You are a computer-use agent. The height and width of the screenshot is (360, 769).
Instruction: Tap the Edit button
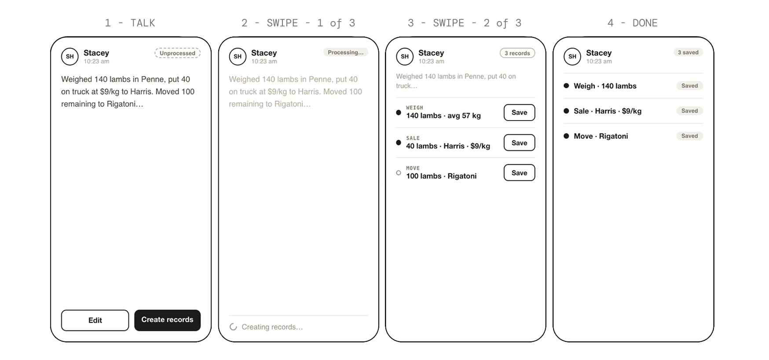coord(95,320)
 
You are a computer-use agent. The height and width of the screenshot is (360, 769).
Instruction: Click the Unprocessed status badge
coord(177,53)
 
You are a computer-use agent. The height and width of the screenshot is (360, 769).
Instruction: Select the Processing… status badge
coord(345,52)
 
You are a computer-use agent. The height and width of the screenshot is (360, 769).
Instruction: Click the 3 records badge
coord(517,53)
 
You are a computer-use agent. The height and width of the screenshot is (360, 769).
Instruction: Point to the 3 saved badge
coord(688,52)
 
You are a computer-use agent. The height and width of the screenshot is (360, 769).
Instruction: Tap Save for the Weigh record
coord(519,113)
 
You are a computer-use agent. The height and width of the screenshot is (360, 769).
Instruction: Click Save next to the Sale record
coord(519,143)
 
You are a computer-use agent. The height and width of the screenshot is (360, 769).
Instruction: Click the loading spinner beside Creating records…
coord(233,327)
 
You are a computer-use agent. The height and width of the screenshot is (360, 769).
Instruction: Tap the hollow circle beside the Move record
coord(399,173)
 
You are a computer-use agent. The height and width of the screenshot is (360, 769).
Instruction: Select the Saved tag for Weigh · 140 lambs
coord(689,86)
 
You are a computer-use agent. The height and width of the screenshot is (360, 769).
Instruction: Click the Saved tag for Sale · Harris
coord(689,111)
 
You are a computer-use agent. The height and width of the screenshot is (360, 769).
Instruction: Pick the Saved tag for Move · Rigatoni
coord(689,136)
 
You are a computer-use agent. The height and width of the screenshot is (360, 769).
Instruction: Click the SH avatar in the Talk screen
coord(70,57)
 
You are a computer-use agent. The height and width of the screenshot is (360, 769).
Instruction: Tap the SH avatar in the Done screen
coord(572,57)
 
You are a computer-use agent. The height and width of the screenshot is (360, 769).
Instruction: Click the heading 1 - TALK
coord(130,23)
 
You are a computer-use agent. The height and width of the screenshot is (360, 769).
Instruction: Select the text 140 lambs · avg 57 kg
coord(443,116)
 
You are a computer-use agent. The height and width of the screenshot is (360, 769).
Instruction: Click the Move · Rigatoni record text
coord(601,136)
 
